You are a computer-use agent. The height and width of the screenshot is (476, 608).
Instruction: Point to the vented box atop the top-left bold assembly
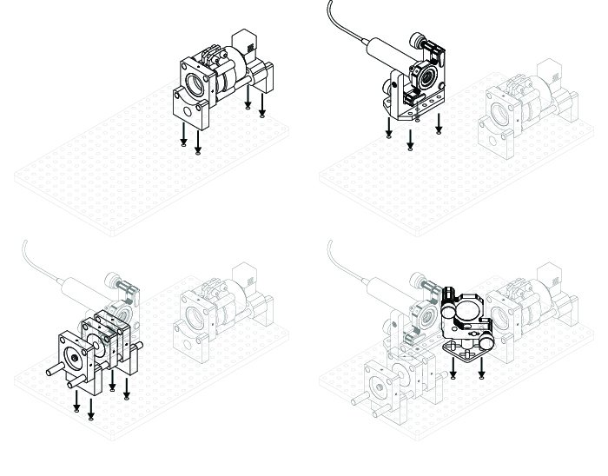click(x=247, y=40)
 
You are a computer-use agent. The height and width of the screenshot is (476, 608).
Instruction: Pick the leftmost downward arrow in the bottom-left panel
click(x=76, y=402)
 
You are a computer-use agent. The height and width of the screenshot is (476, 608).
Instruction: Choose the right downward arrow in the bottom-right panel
click(x=482, y=367)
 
